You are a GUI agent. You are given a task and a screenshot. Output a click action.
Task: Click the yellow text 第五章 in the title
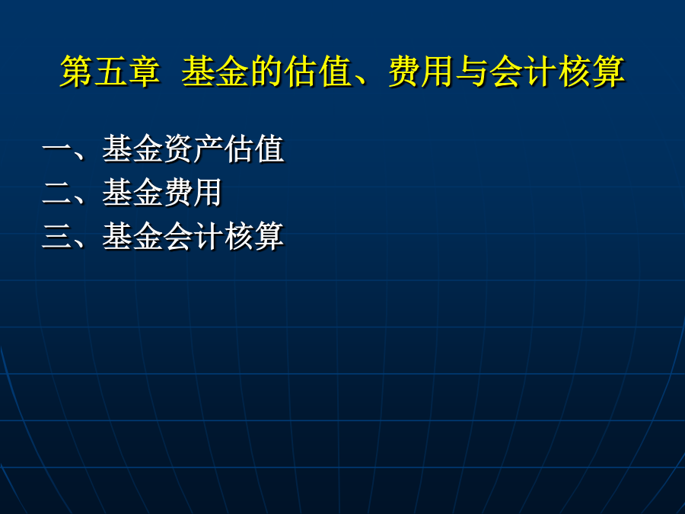[110, 72]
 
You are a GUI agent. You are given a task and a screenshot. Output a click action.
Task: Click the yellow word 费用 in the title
[421, 72]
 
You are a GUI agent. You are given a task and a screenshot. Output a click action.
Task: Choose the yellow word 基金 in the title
[215, 72]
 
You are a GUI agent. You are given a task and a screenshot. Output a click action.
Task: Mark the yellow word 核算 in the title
[591, 72]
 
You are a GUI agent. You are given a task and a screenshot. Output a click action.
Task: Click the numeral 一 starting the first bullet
[57, 149]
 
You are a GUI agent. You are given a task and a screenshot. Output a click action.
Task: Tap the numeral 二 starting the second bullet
[57, 193]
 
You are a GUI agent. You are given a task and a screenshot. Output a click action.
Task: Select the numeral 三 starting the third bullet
[57, 237]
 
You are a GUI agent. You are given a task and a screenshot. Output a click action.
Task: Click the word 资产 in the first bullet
[193, 149]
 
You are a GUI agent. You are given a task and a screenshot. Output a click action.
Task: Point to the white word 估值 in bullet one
[254, 149]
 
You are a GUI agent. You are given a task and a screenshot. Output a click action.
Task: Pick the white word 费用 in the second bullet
[193, 193]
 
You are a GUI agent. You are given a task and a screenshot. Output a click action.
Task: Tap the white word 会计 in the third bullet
[193, 237]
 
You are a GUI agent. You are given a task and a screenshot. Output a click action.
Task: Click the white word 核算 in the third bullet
[254, 237]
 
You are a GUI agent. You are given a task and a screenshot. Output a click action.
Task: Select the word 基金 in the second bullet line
[132, 193]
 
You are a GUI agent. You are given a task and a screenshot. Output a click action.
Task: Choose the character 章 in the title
[143, 72]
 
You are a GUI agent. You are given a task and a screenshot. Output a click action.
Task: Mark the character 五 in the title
[110, 72]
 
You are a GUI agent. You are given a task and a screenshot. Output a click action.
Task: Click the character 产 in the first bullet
[208, 149]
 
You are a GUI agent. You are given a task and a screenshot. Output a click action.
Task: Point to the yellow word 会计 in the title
[524, 72]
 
